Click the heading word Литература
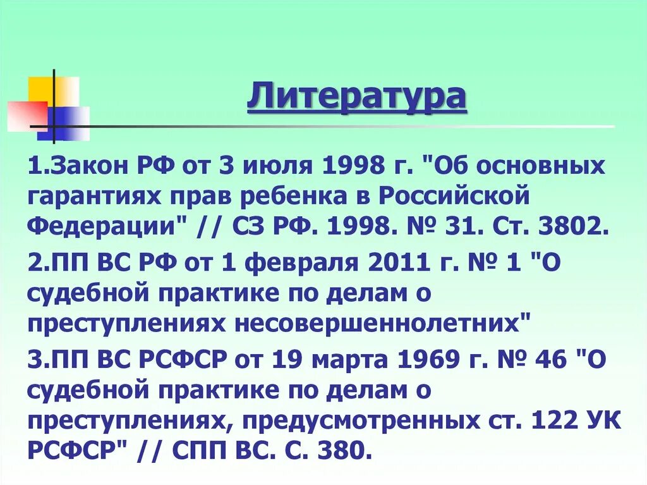356,98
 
